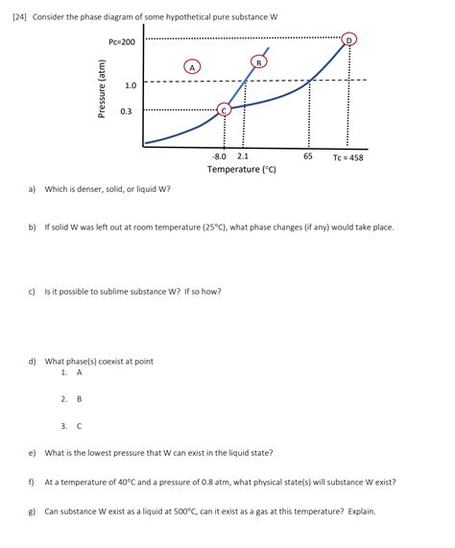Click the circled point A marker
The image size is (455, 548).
point(192,67)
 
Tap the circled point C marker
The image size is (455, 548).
point(225,110)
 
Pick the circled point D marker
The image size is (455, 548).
point(348,38)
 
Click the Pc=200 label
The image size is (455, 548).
point(122,42)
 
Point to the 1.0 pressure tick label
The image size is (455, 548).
point(131,85)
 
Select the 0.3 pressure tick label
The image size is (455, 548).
point(126,111)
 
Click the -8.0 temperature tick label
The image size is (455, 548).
point(220,155)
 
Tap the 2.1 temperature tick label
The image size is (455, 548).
point(243,155)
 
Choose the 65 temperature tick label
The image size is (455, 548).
point(307,155)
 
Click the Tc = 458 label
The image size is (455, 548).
point(348,157)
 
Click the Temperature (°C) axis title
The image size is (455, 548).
point(242,170)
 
